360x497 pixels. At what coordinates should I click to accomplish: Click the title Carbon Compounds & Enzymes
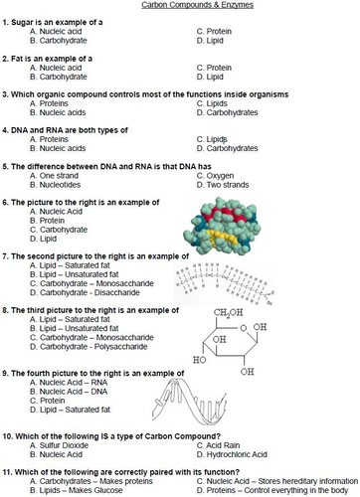point(180,6)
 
